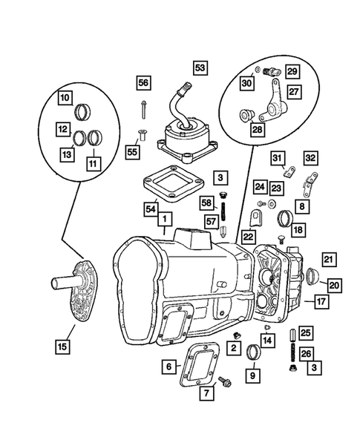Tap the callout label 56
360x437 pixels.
pyautogui.click(x=143, y=82)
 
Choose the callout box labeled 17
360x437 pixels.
pyautogui.click(x=321, y=302)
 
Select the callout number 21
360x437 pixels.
pyautogui.click(x=327, y=260)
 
